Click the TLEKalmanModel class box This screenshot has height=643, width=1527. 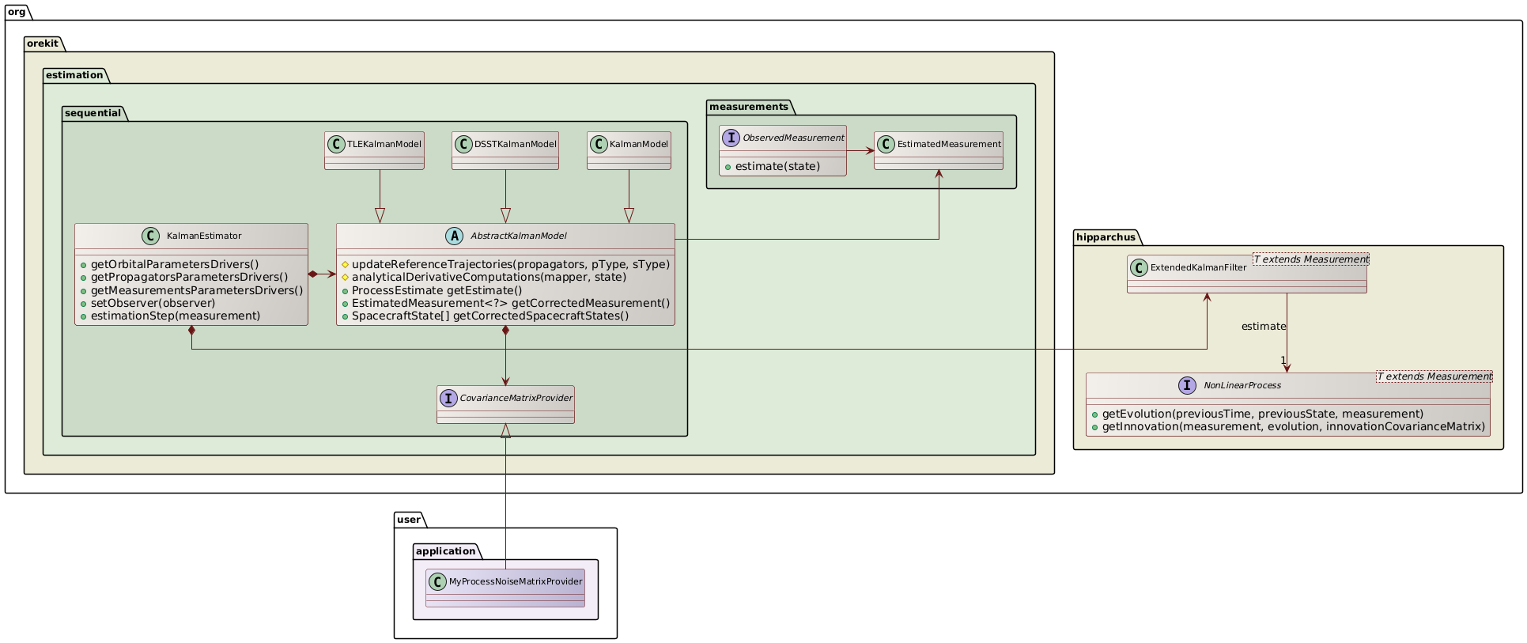pos(374,150)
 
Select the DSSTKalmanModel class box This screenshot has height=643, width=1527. pos(505,150)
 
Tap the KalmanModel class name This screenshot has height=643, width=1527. pos(639,144)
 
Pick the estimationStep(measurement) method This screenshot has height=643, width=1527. pos(175,316)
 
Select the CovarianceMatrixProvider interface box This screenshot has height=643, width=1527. pos(505,404)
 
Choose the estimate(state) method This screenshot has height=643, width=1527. pos(777,166)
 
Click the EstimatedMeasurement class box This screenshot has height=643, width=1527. pos(938,150)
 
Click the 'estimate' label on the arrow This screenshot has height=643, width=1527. pos(1263,327)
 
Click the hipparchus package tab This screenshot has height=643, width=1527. pos(1106,237)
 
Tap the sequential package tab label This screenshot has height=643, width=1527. pos(93,113)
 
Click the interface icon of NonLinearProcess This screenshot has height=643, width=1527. pos(1187,385)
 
